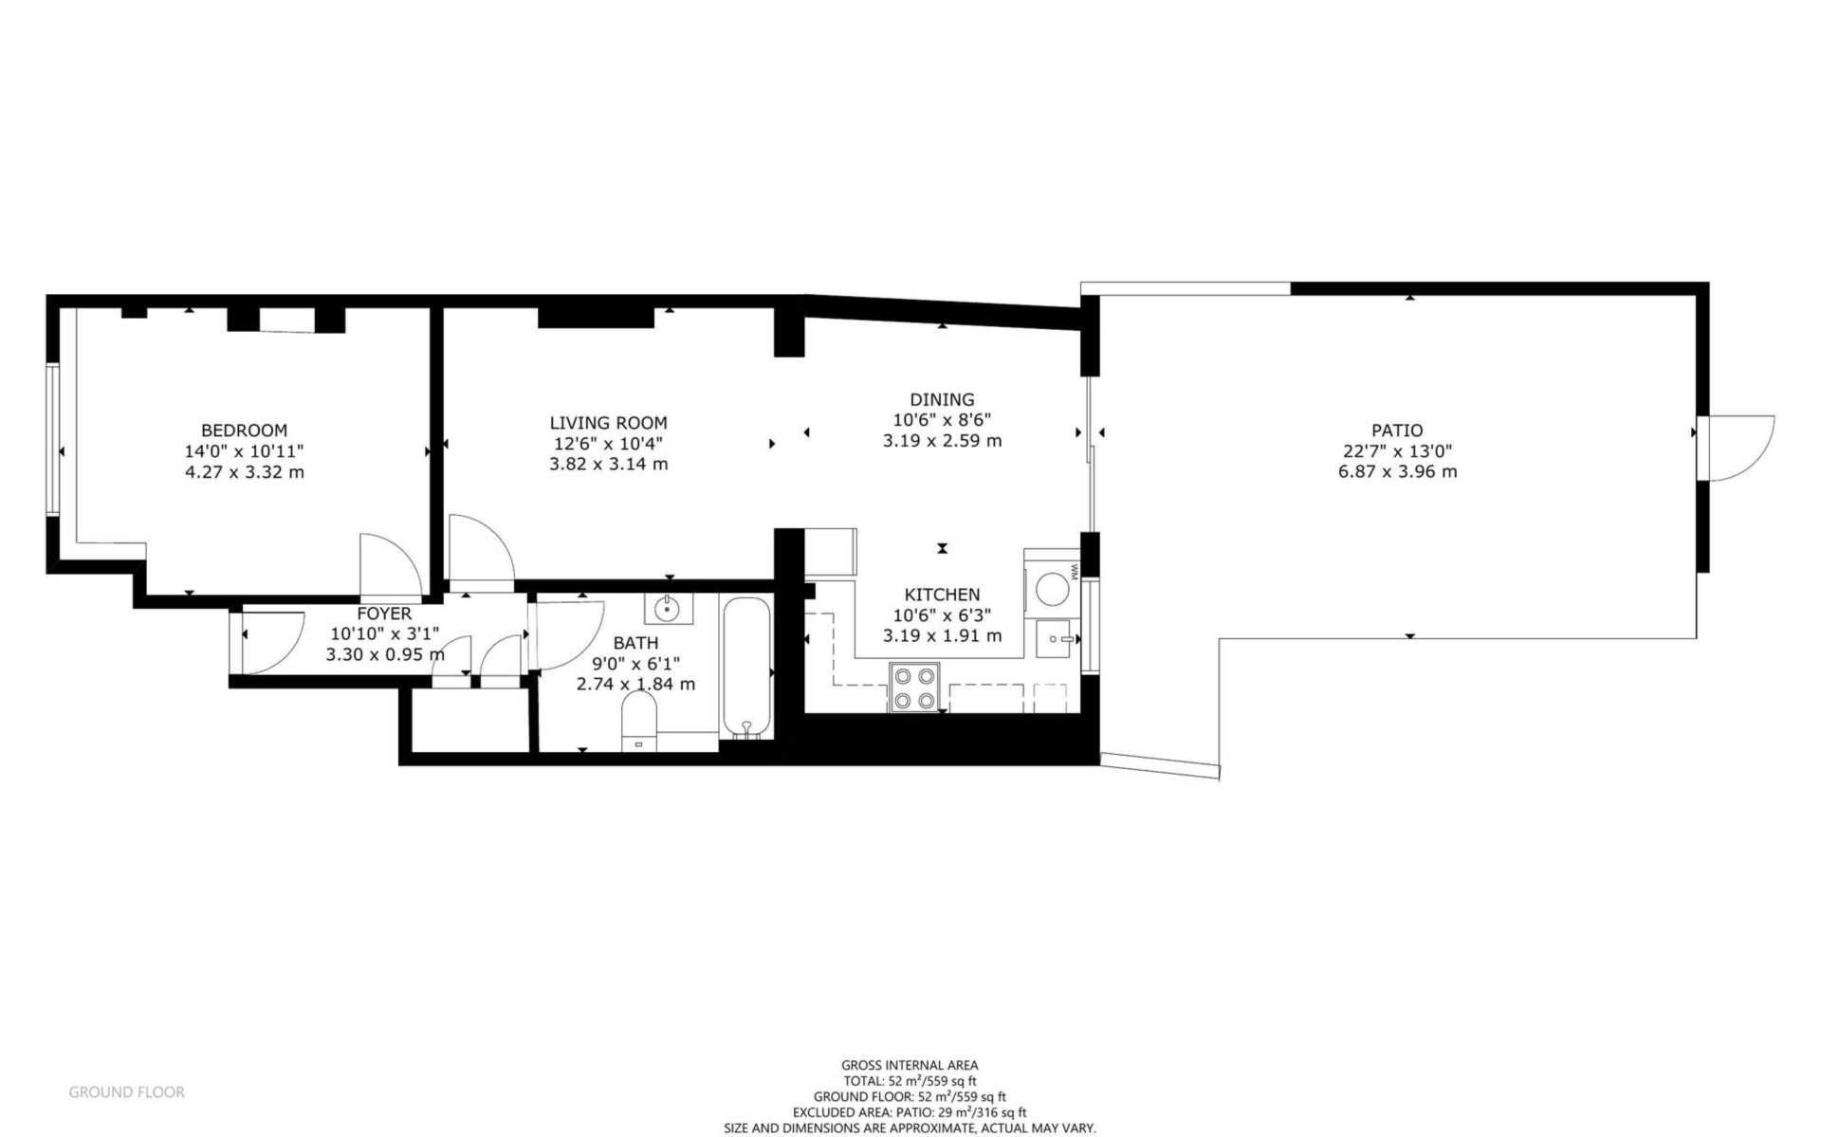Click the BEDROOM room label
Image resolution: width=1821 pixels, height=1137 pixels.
pyautogui.click(x=244, y=431)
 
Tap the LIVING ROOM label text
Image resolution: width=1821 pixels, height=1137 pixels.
pyautogui.click(x=608, y=423)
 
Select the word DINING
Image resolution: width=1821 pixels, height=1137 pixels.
pyautogui.click(x=942, y=399)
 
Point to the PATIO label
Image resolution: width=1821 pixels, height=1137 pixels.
pyautogui.click(x=1397, y=431)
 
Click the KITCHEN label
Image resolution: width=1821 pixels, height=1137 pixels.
pyautogui.click(x=942, y=595)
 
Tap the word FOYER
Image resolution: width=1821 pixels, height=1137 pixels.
pyautogui.click(x=384, y=614)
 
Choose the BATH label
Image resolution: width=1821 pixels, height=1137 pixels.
pyautogui.click(x=635, y=643)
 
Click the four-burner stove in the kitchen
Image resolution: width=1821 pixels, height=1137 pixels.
pyautogui.click(x=914, y=688)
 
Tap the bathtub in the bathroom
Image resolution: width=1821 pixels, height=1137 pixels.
pyautogui.click(x=748, y=667)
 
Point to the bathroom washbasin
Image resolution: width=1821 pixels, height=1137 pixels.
pyautogui.click(x=669, y=608)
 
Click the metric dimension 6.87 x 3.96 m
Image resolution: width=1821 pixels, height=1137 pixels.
pyautogui.click(x=1397, y=471)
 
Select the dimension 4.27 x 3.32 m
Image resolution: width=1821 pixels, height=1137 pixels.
pyautogui.click(x=244, y=472)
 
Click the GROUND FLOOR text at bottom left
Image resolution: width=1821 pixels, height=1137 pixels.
pyautogui.click(x=126, y=1092)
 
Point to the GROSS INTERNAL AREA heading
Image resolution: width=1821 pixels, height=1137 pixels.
pyautogui.click(x=910, y=1065)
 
